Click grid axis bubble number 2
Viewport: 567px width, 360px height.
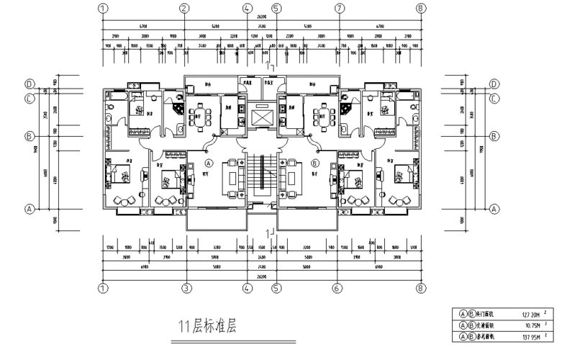[185, 9]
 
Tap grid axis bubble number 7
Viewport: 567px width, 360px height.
[339, 9]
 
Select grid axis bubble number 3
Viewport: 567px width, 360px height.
[185, 288]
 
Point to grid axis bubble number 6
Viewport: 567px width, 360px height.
[336, 288]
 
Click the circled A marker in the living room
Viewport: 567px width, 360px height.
[200, 163]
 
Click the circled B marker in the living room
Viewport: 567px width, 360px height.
[314, 163]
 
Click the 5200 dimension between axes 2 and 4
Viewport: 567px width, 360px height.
[216, 25]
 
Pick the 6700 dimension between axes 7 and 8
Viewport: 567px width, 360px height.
[380, 25]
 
